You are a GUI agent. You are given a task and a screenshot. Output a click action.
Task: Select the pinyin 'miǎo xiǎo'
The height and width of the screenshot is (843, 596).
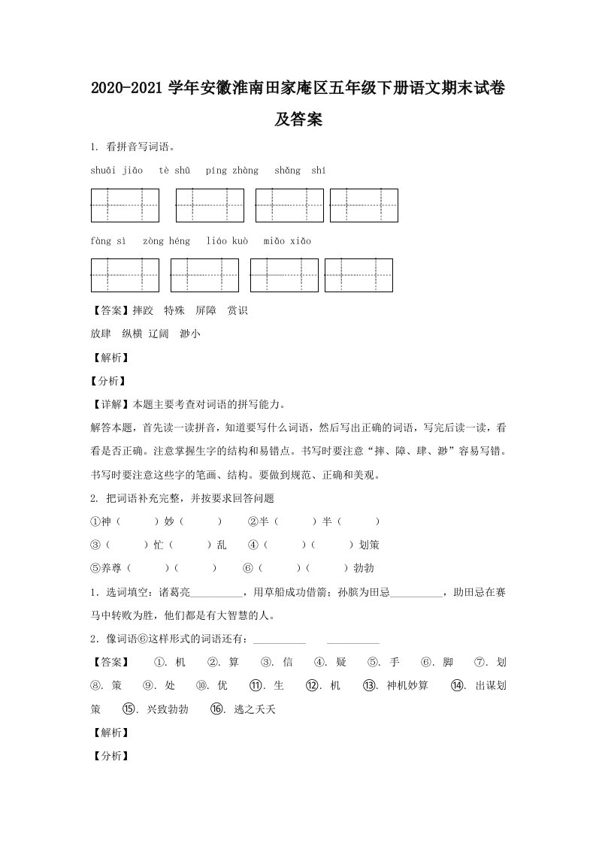click(287, 242)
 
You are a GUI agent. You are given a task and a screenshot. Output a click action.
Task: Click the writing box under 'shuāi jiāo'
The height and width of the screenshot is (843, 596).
click(125, 205)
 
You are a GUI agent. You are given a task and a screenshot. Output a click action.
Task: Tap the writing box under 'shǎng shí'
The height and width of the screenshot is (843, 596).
click(364, 205)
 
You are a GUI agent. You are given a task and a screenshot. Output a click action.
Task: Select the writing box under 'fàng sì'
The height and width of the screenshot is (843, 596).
click(125, 275)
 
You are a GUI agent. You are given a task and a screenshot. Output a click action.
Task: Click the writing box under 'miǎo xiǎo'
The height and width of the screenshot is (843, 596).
click(359, 275)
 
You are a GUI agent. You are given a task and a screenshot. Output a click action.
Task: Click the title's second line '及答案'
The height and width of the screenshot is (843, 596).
click(298, 119)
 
